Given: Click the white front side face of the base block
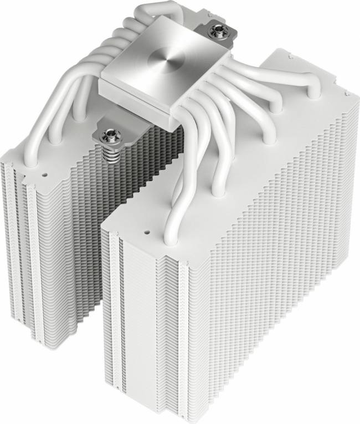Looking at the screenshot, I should (x=136, y=97).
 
